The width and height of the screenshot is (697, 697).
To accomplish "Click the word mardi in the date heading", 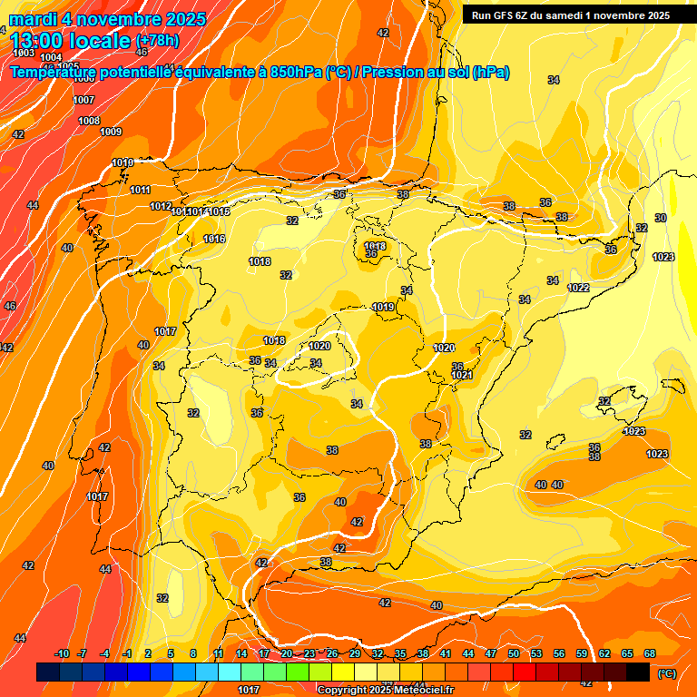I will click(32, 19).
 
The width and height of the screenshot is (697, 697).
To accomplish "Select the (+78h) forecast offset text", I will click(157, 41).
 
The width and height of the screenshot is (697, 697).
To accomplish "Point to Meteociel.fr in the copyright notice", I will click(420, 691).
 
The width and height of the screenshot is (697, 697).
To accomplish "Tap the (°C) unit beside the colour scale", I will click(666, 673).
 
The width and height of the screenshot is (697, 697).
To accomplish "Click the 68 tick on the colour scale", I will click(650, 653).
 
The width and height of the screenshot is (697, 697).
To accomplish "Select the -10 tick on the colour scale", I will click(62, 653).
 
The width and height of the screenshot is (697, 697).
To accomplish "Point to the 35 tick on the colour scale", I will click(400, 653).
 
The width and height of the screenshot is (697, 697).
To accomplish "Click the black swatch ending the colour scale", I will click(638, 672).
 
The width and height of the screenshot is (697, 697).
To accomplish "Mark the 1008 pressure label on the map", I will click(88, 121).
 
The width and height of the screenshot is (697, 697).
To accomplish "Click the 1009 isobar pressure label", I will click(111, 132).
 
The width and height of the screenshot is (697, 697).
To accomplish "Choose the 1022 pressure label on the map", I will click(578, 288).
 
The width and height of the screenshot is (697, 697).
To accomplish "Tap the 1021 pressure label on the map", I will click(462, 375).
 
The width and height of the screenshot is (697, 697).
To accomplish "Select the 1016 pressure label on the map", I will click(214, 239).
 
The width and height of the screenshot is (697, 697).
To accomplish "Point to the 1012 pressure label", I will click(161, 206).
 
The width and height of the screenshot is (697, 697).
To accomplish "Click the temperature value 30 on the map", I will click(661, 218).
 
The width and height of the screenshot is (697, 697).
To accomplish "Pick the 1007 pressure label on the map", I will click(83, 100).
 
